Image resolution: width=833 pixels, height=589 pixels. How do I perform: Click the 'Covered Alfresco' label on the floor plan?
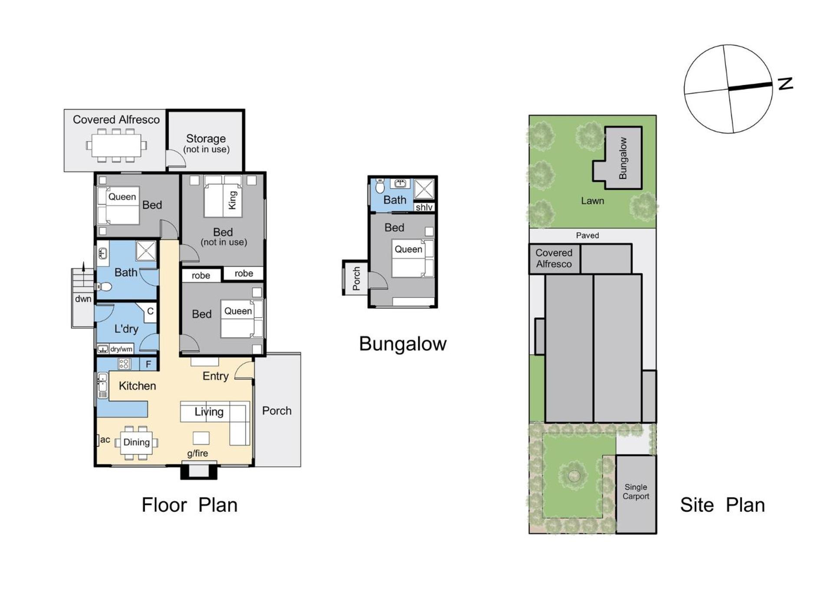coord(116,119)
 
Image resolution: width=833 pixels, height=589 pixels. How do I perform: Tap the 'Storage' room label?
coord(206,138)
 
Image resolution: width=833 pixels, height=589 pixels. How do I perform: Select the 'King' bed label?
coord(233,200)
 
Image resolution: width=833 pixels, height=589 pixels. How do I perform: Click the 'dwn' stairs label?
coord(83,299)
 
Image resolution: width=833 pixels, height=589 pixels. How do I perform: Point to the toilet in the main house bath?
coord(104,286)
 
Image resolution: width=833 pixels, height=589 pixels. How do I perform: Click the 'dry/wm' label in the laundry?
coord(121,349)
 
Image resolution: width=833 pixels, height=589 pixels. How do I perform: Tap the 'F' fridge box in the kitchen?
coord(148,364)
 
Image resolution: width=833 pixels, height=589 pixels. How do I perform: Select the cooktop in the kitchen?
coord(124,364)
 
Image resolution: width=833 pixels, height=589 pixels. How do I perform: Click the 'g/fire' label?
coord(197,454)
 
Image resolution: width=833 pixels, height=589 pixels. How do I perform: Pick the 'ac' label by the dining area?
coord(105,439)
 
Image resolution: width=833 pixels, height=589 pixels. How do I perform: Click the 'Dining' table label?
coord(136,442)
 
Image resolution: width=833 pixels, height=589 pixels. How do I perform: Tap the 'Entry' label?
coord(216,376)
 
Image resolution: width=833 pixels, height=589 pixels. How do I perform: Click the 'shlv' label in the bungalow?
coord(424,207)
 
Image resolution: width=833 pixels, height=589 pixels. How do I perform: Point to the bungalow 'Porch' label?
coord(356,278)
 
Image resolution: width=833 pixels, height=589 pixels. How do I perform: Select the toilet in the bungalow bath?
coord(380,186)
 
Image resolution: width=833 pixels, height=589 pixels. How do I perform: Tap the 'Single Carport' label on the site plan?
coord(636,492)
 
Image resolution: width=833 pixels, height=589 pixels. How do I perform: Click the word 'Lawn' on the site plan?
coord(593,201)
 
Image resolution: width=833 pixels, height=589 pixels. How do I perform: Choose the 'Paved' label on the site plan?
coord(587,235)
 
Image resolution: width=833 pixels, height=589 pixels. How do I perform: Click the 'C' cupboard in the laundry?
coord(150,311)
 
